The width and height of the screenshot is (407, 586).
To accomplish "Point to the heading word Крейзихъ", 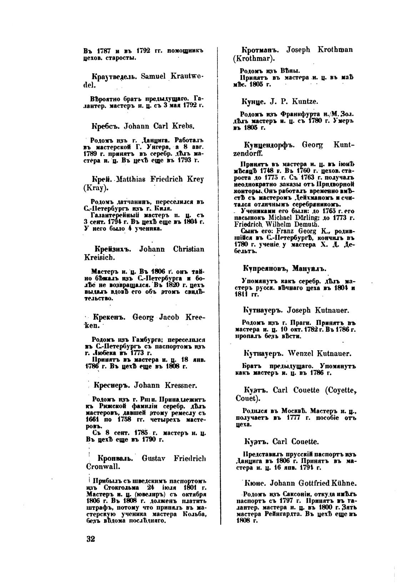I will (112, 249).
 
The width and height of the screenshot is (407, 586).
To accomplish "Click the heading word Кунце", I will (253, 102).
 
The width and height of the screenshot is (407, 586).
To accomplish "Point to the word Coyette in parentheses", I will (339, 390).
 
